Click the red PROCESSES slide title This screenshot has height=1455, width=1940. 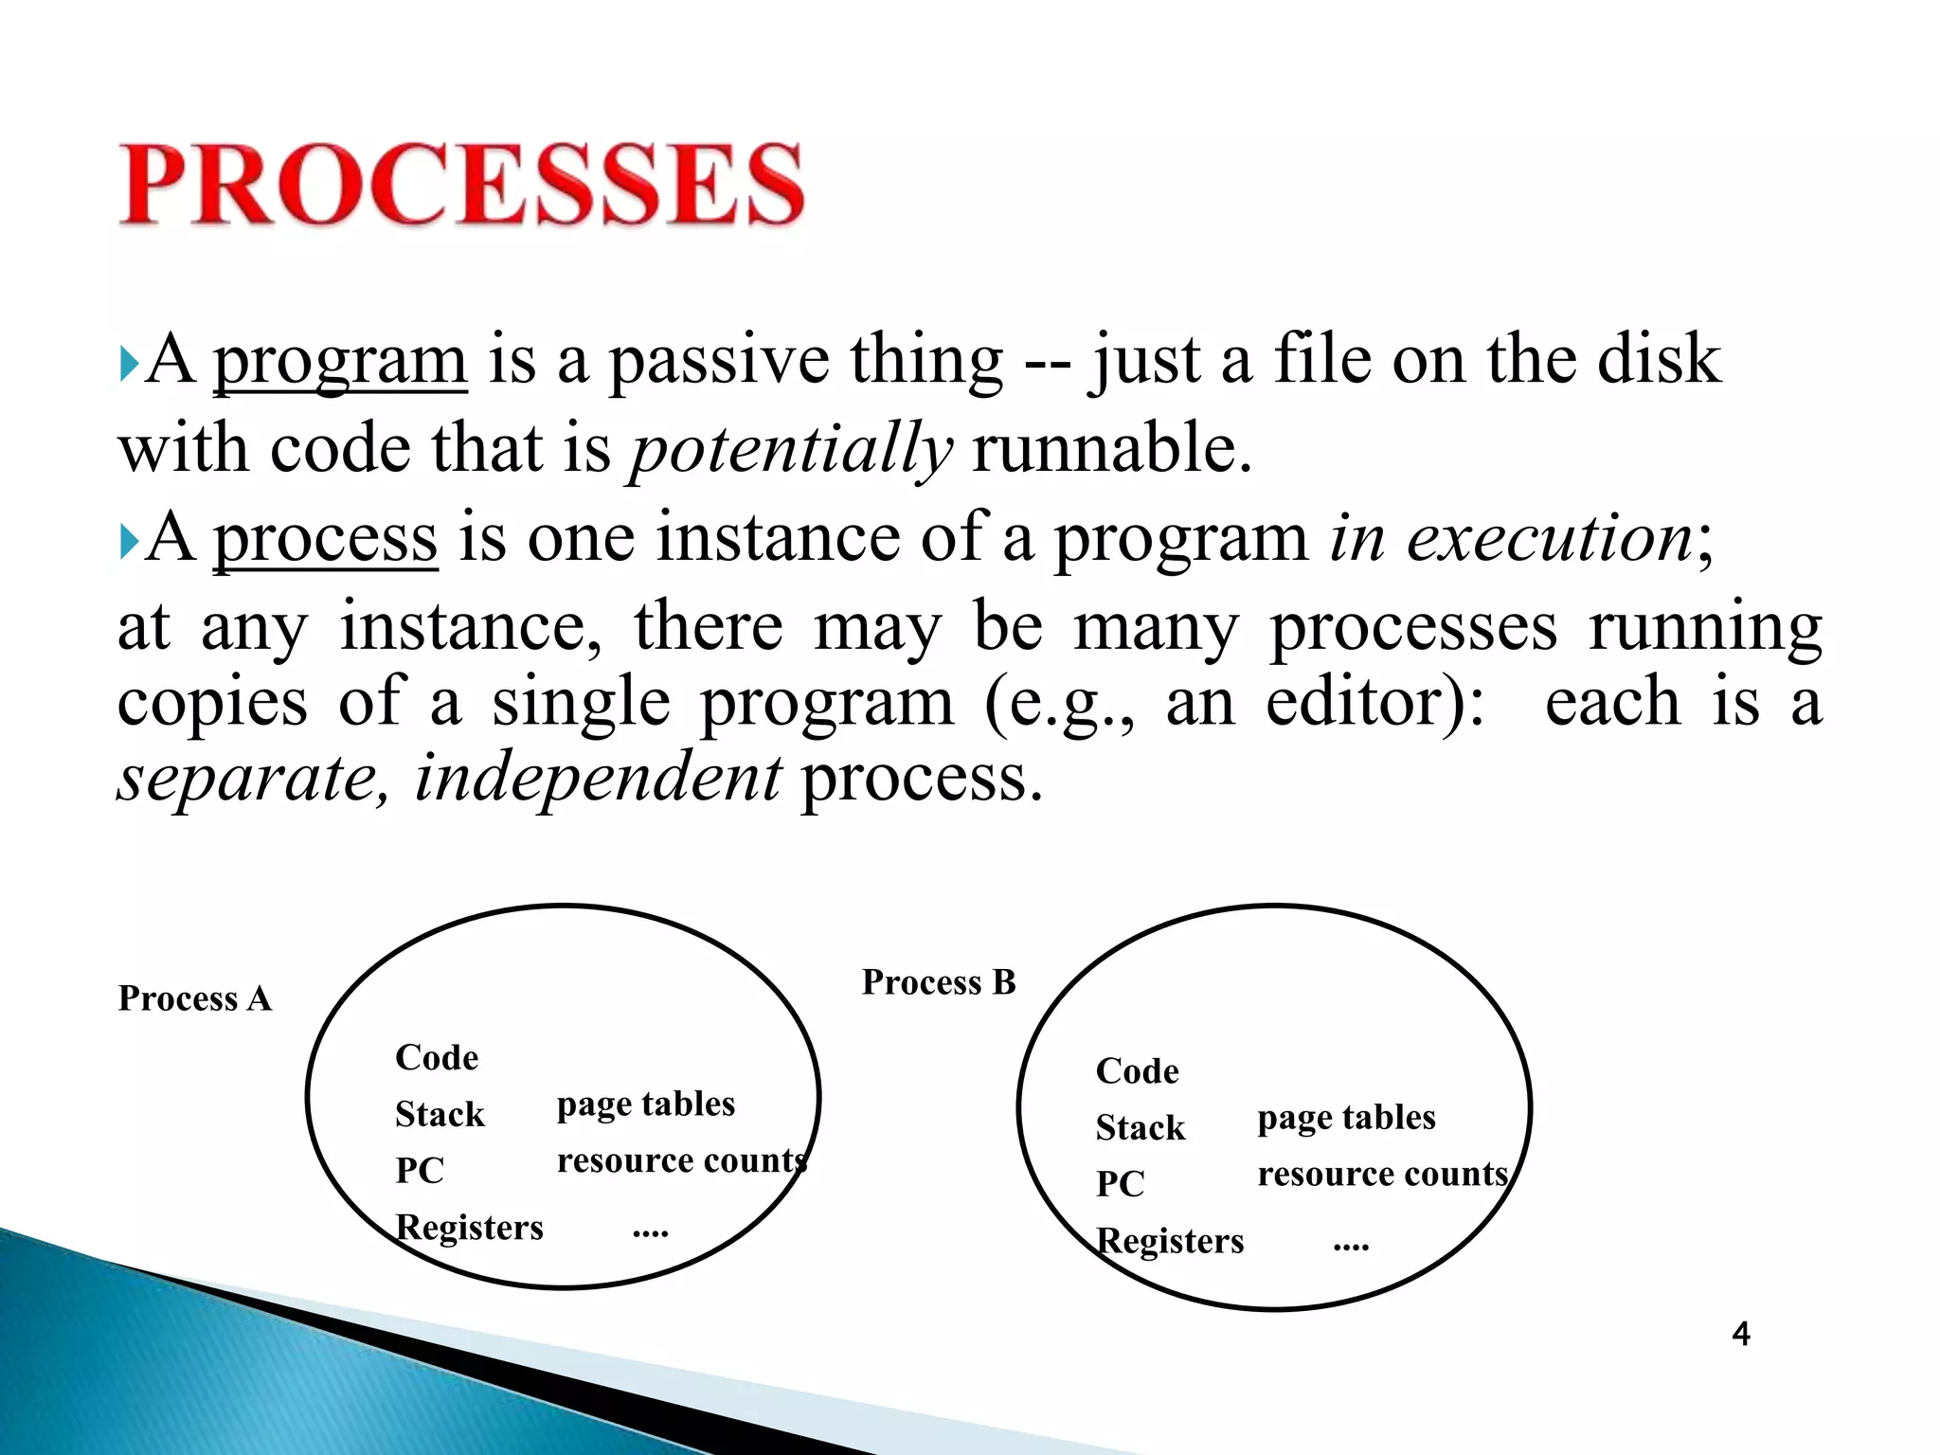pos(461,185)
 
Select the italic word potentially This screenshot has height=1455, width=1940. pos(791,450)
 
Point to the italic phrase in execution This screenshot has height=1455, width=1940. pos(1511,539)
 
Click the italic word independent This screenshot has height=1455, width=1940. pos(598,778)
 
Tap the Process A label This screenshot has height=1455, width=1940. pos(194,998)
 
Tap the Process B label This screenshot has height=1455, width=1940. pos(938,982)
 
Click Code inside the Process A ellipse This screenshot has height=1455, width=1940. pos(437,1057)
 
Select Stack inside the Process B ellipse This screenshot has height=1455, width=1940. pos(1140,1127)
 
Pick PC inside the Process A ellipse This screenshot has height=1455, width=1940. pos(420,1171)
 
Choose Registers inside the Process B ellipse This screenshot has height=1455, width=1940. pos(1169,1241)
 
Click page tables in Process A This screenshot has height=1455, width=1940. pos(645,1105)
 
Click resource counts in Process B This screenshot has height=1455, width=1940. pos(1382,1175)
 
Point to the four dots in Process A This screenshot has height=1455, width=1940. pos(650,1232)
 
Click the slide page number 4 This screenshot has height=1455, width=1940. pos(1740,1334)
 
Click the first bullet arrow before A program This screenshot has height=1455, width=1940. pos(129,365)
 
